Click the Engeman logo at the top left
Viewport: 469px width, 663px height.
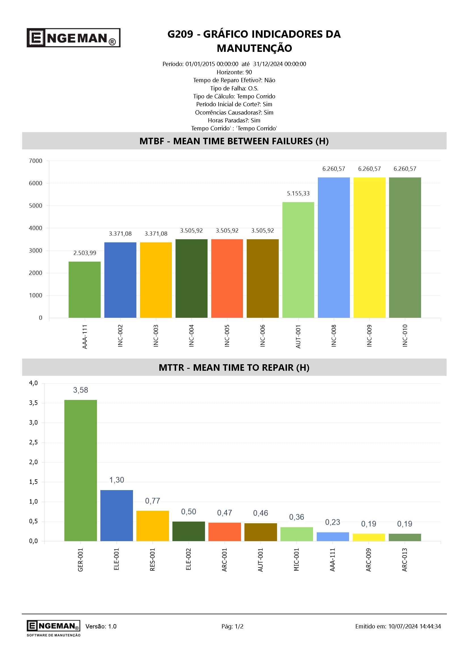pos(73,37)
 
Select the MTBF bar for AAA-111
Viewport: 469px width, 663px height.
pos(84,290)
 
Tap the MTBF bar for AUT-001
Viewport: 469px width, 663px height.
pos(298,260)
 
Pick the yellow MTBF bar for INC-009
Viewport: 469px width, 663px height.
pos(369,247)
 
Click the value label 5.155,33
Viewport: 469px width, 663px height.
pos(298,194)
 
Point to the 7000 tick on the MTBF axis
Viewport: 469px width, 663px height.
pos(35,161)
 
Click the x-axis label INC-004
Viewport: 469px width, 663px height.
pos(191,336)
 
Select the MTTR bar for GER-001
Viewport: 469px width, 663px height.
pos(81,471)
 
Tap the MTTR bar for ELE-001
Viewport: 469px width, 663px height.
pos(117,515)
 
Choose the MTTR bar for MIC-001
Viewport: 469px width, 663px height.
pos(297,534)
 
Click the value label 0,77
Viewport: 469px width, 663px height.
pos(153,501)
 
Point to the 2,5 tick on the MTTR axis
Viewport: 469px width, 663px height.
pos(33,442)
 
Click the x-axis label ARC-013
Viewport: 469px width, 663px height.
pos(405,560)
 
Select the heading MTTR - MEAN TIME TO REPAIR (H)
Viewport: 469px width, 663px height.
pos(234,368)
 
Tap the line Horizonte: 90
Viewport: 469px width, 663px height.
pos(234,72)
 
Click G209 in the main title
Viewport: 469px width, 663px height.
pos(180,34)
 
